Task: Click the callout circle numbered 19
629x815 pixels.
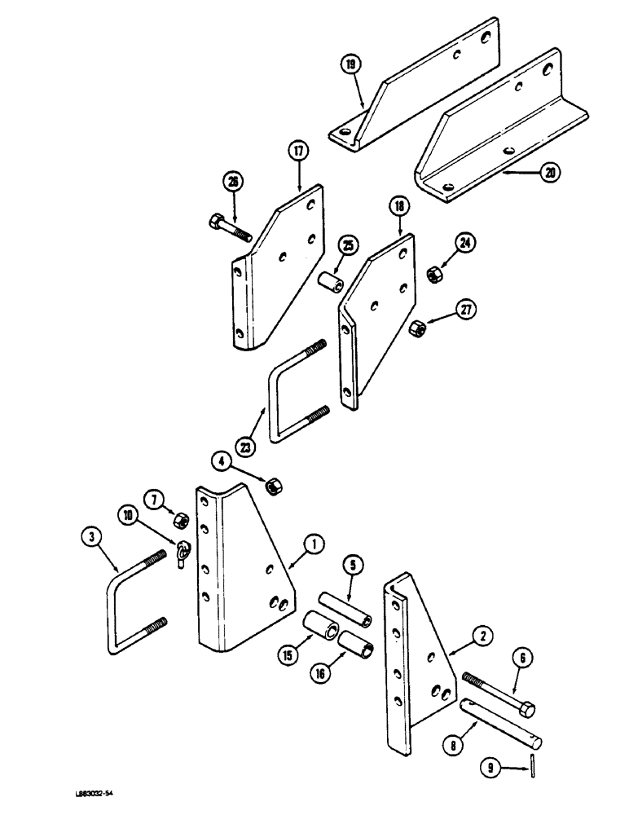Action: tap(351, 66)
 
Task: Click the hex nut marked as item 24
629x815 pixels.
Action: tap(433, 275)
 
